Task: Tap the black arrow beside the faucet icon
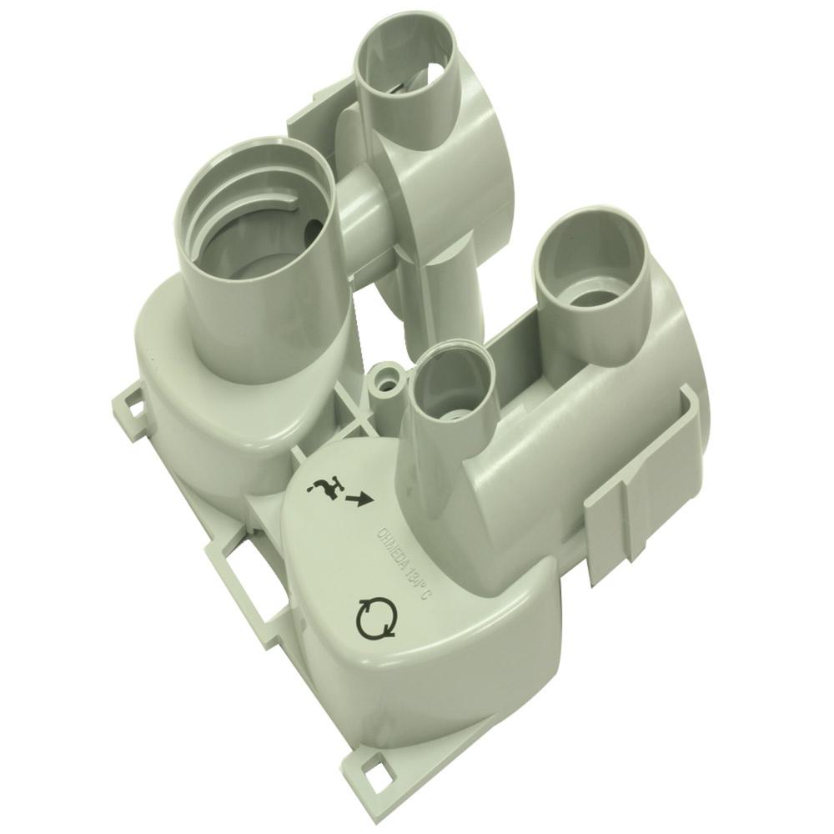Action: [x=361, y=500]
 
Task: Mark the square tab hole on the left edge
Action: [x=129, y=406]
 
